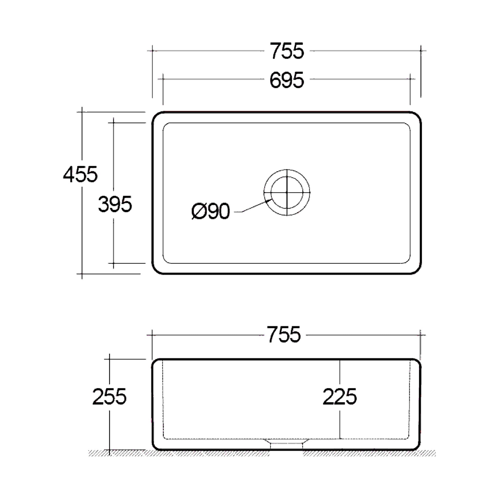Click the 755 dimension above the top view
pos(287,51)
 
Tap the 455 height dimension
pos(80,174)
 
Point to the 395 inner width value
pos(115,204)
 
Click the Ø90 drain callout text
pos(211,211)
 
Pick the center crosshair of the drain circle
pos(287,192)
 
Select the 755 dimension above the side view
pos(284,335)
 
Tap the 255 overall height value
pos(109,397)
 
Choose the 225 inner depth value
pos(340,397)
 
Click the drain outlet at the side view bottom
pos(287,445)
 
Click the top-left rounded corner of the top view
pos(156,116)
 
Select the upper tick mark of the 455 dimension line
pos(82,112)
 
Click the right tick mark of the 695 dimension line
pos(410,79)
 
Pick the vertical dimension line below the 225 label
pos(340,423)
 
